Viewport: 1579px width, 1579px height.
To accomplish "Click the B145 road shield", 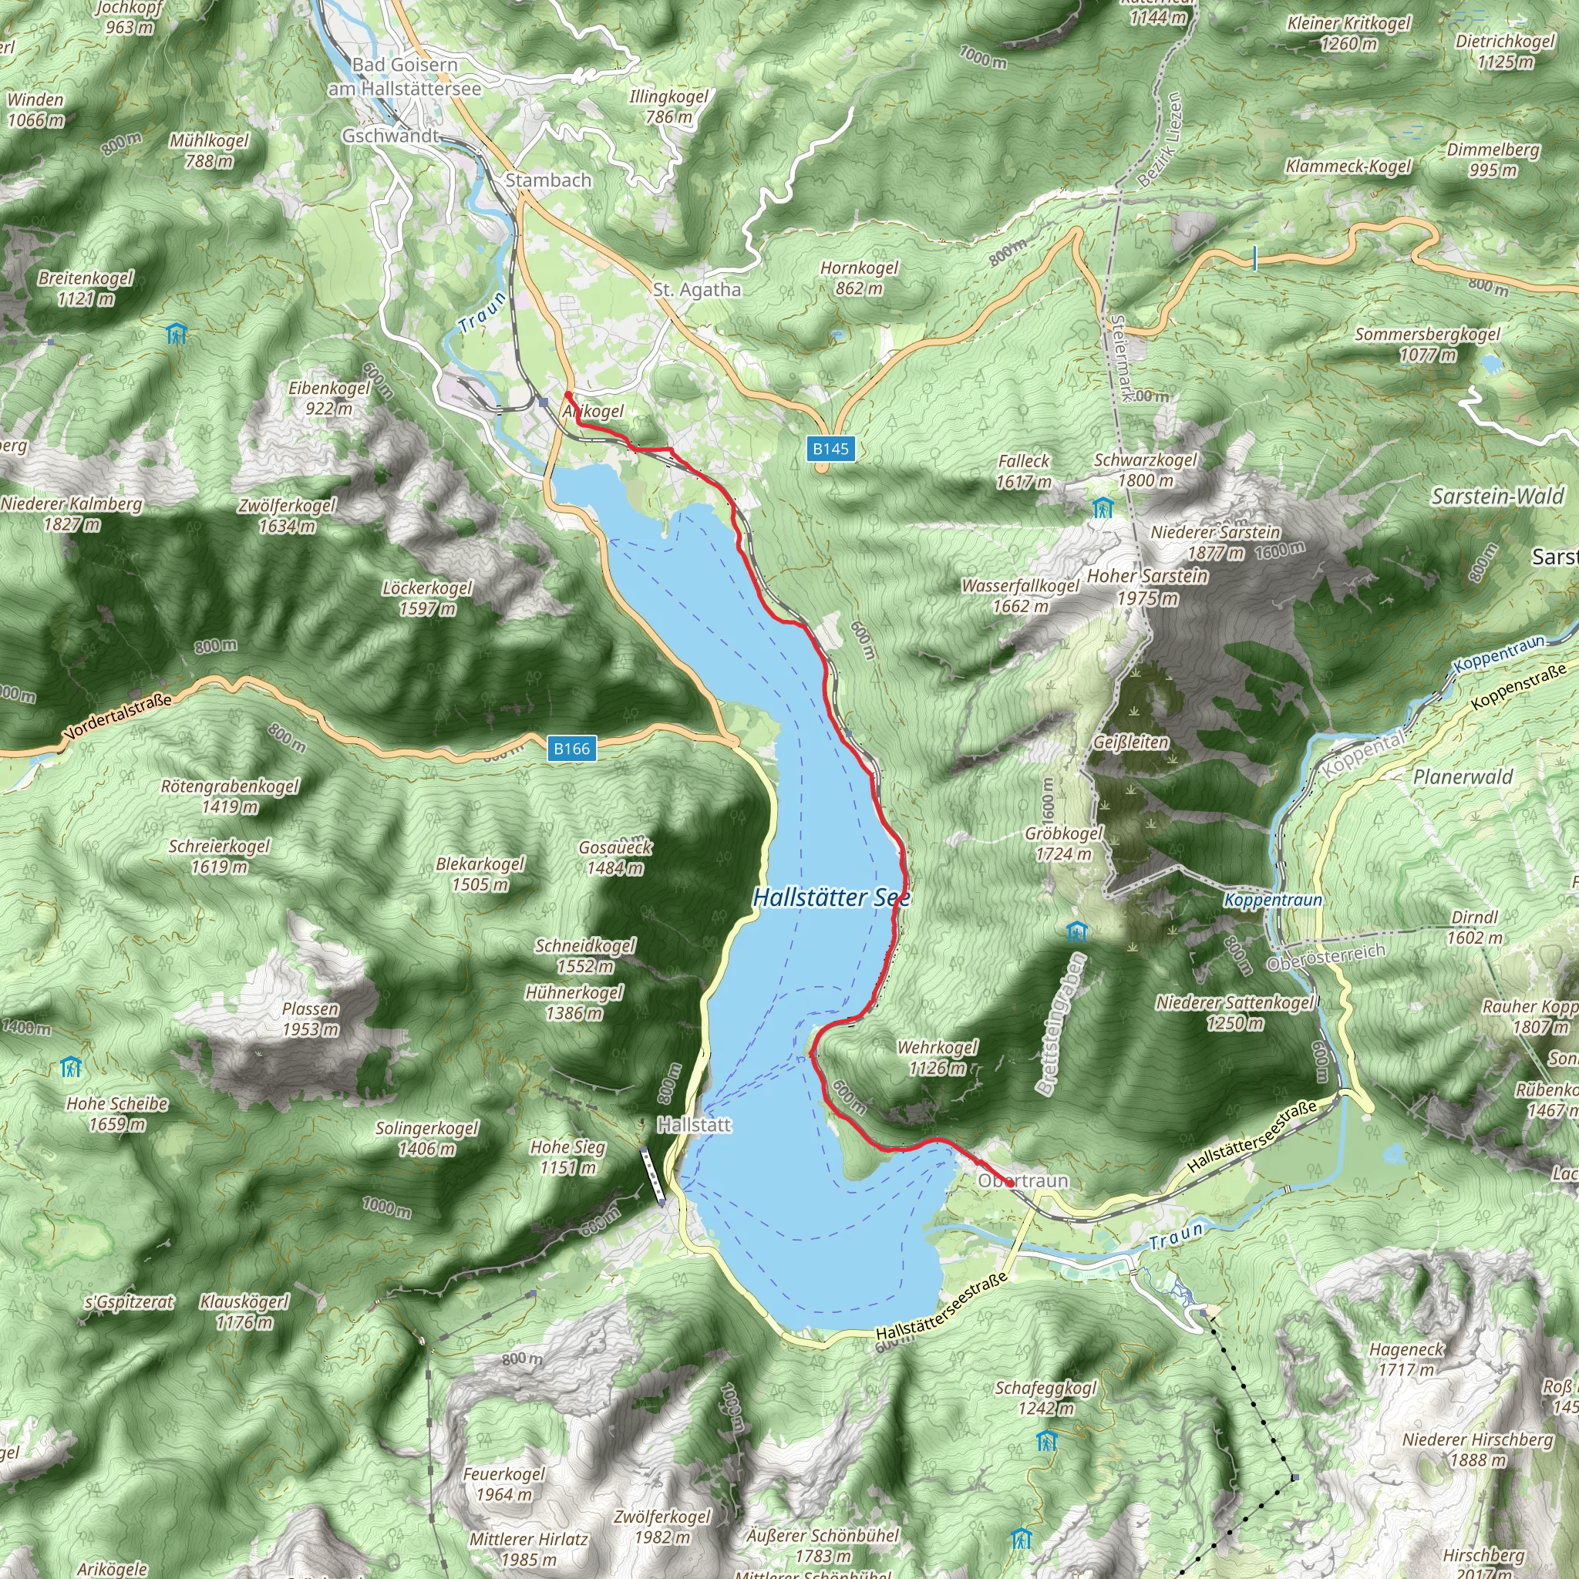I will click(x=830, y=448).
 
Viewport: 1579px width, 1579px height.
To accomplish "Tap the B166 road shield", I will click(x=571, y=748).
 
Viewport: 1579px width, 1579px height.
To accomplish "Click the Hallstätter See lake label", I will click(x=831, y=897).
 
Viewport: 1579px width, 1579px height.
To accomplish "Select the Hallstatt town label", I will click(x=695, y=1125).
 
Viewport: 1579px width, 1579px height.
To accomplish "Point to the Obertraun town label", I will click(x=1023, y=1180).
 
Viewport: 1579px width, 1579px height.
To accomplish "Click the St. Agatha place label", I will click(x=697, y=289).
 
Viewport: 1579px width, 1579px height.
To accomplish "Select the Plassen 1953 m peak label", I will click(x=311, y=1018).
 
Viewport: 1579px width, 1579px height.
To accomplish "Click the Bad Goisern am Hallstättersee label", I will click(x=405, y=76).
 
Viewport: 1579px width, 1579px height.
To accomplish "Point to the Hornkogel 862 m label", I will click(x=859, y=278).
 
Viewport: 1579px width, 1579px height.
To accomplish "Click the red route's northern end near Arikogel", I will click(x=568, y=395).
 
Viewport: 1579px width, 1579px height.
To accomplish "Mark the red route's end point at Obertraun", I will click(x=1010, y=1183).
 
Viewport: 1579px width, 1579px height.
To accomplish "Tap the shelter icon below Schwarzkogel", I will click(x=1103, y=508).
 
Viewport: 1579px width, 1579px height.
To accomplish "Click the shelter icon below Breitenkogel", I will click(x=176, y=335).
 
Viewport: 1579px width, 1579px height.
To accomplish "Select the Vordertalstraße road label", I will click(x=120, y=717).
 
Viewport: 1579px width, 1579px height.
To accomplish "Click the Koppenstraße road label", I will click(x=1517, y=686).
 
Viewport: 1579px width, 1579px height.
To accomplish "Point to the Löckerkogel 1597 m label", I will click(x=427, y=598).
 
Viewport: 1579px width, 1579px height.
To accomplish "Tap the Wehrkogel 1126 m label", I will click(x=938, y=1057).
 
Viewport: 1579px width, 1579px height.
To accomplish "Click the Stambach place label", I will click(x=547, y=180).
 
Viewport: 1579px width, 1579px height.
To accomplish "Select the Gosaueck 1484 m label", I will click(x=614, y=857).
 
